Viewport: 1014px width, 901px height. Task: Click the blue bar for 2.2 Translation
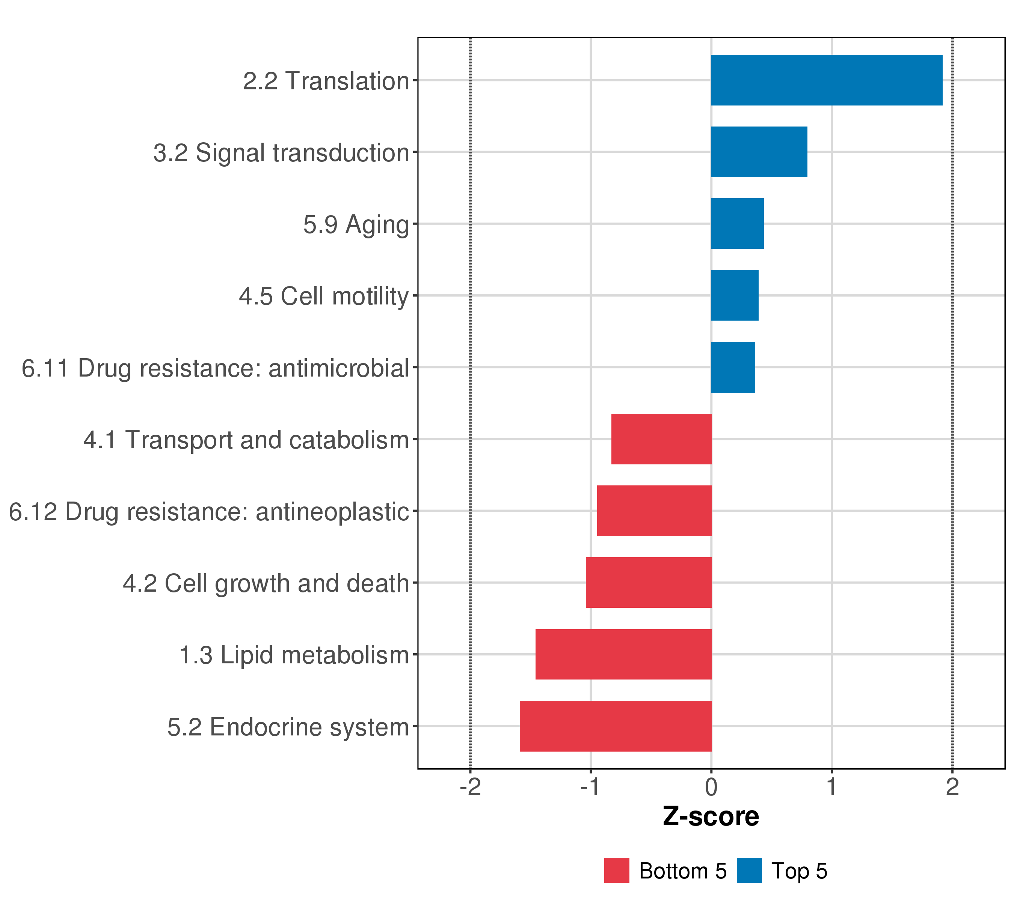[827, 80]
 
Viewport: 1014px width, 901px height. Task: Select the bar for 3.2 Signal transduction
[759, 152]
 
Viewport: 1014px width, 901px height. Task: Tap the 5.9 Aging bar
[737, 224]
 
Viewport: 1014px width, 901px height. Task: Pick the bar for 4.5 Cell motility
[735, 295]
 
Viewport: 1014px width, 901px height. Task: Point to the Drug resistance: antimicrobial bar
[733, 368]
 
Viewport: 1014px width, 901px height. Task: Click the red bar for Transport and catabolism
[661, 439]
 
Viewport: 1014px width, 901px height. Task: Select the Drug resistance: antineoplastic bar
[654, 511]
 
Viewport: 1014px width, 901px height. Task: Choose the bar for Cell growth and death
[648, 583]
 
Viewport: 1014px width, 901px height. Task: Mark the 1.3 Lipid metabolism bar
[623, 655]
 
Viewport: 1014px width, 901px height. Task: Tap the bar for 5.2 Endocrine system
[616, 726]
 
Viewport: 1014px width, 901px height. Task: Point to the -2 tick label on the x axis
[470, 787]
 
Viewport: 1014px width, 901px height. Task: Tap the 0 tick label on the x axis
[711, 787]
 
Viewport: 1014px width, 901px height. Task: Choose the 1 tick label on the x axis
[832, 787]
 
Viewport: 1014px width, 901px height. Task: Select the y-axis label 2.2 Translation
[326, 81]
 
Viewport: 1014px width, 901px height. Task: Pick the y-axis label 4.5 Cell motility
[323, 297]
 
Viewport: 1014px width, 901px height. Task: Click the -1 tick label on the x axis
[590, 787]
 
